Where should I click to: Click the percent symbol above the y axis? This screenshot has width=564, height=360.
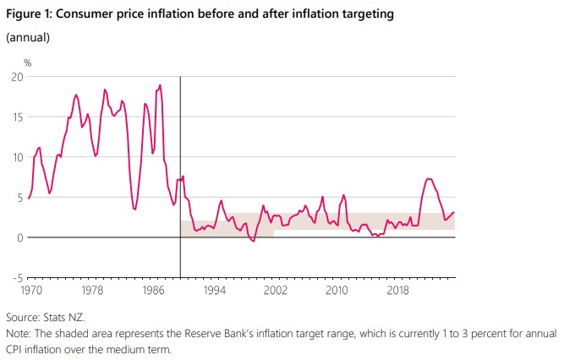click(x=27, y=63)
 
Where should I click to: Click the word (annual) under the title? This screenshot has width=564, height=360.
click(x=29, y=37)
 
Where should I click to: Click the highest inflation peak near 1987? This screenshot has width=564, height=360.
click(x=160, y=85)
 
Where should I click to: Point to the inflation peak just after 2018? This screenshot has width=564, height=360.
click(x=429, y=178)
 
